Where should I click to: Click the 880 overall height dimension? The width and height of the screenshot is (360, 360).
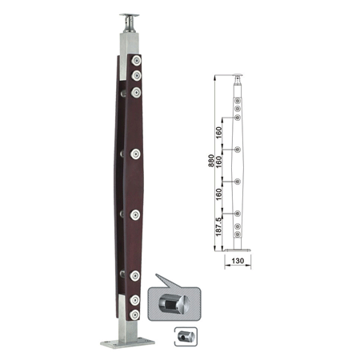[211, 161]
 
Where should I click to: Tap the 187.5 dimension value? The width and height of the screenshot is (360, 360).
[218, 226]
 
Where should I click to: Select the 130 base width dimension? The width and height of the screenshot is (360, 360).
[238, 261]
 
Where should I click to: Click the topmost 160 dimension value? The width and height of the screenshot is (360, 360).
[218, 133]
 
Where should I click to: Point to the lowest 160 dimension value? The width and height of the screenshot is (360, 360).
[218, 194]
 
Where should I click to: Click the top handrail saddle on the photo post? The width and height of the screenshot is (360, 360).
[130, 22]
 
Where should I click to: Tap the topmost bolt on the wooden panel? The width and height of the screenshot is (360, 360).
[136, 61]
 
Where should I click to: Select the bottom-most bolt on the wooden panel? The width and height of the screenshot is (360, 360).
[134, 314]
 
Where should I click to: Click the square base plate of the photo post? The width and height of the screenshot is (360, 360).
[127, 343]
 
